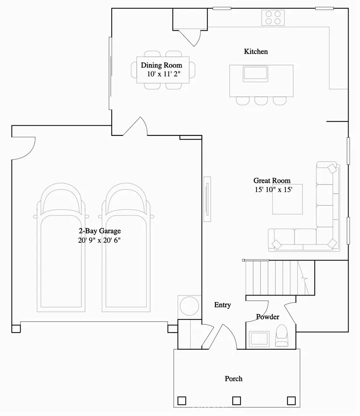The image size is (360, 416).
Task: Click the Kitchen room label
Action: (256, 52)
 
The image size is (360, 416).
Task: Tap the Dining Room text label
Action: (161, 65)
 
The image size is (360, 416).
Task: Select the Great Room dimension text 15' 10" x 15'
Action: (273, 189)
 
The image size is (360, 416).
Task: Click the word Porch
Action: (233, 378)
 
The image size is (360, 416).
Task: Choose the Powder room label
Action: (267, 317)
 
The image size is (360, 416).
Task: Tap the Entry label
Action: (223, 305)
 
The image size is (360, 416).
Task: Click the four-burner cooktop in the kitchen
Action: (273, 18)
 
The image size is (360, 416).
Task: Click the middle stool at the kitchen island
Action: (261, 100)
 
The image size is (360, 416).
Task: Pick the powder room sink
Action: (259, 338)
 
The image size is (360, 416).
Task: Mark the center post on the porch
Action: (237, 400)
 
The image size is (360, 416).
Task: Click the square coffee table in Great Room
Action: (287, 199)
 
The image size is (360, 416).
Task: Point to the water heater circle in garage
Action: (189, 305)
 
